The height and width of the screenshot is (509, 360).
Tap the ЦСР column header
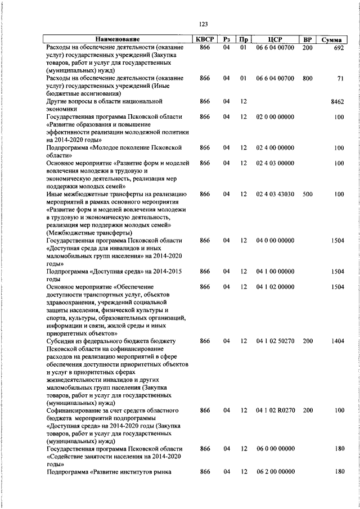[275, 39]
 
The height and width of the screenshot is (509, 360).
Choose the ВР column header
[307, 39]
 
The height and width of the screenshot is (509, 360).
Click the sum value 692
[337, 49]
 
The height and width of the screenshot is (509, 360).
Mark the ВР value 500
[307, 194]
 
